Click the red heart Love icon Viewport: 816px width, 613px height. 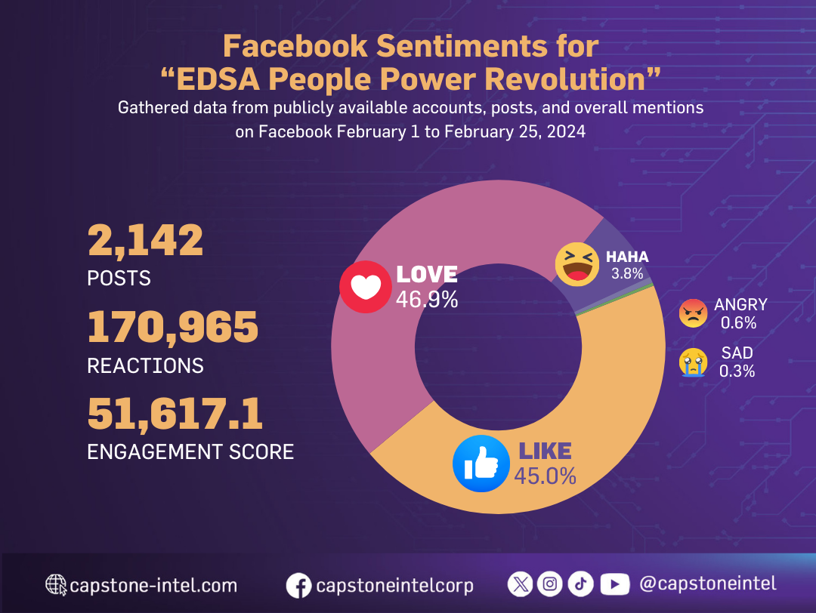[365, 287]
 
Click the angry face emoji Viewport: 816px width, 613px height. [692, 313]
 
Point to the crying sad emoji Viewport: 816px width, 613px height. [692, 362]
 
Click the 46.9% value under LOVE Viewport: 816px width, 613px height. [427, 300]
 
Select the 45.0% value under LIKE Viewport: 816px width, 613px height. [545, 476]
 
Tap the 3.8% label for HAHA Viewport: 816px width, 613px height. [626, 274]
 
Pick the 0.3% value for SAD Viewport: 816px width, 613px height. [737, 371]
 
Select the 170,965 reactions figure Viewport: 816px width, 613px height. [172, 328]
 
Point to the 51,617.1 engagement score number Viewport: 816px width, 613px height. [175, 414]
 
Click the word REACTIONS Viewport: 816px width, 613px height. [145, 366]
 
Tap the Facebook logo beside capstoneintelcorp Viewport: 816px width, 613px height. [299, 585]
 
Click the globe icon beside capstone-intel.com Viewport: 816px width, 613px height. [56, 584]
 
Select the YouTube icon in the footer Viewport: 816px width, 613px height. [614, 584]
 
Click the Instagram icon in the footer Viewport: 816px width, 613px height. [551, 584]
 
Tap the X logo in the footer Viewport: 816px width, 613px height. [521, 584]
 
